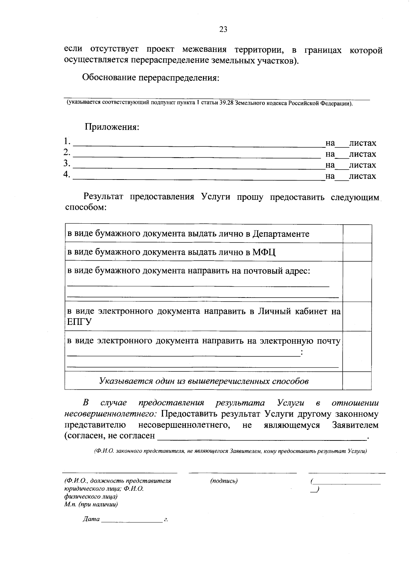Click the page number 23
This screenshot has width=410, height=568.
(x=223, y=29)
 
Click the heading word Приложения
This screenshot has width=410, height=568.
(x=112, y=127)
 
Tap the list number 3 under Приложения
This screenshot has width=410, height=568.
(x=67, y=164)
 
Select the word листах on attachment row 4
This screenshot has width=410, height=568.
(x=362, y=176)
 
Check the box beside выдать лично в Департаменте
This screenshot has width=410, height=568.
(x=357, y=234)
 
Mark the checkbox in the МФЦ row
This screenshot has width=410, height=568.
(x=357, y=252)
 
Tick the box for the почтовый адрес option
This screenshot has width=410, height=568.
(x=357, y=281)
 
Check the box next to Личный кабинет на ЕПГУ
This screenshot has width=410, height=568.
(x=357, y=316)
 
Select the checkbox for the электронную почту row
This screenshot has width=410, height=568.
(x=357, y=351)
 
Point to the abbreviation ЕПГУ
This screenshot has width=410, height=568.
(x=79, y=322)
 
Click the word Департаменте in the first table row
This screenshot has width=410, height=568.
(x=281, y=234)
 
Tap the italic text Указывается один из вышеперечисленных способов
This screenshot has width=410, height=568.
(x=204, y=381)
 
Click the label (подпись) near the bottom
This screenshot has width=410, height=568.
(x=224, y=481)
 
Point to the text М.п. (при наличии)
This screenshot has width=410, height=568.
(x=91, y=504)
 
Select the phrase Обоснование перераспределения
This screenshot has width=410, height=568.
(x=150, y=78)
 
